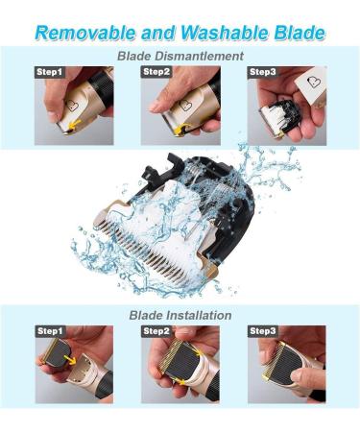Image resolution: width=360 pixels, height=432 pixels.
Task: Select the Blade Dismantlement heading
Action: [180, 56]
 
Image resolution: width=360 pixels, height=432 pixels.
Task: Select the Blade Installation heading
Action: [180, 314]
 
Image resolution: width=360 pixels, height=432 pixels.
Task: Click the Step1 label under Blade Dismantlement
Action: [50, 72]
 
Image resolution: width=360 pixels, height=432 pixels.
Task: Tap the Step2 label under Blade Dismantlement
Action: [156, 72]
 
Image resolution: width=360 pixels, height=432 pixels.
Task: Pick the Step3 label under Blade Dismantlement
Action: [263, 72]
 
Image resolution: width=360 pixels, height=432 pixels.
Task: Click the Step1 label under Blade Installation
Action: [50, 331]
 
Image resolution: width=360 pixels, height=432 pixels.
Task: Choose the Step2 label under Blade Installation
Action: [156, 331]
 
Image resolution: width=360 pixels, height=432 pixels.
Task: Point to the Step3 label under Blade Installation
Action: [263, 331]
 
